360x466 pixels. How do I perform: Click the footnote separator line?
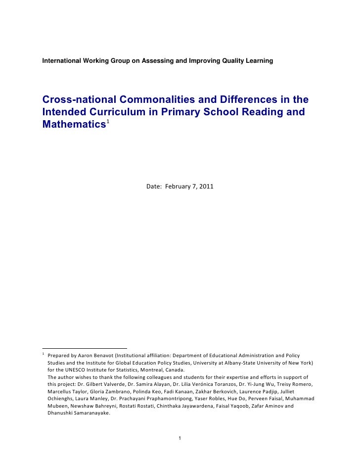(x=85, y=348)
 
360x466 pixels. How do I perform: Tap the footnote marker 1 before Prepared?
(x=44, y=354)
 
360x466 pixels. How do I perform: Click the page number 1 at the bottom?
(x=180, y=438)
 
